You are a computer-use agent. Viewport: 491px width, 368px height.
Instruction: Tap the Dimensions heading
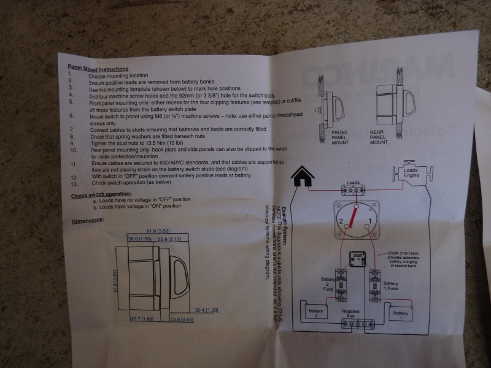88,220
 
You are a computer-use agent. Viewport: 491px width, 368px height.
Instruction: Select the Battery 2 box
316,313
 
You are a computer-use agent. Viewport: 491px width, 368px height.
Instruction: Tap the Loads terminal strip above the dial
354,190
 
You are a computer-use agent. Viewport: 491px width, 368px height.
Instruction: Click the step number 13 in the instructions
72,183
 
